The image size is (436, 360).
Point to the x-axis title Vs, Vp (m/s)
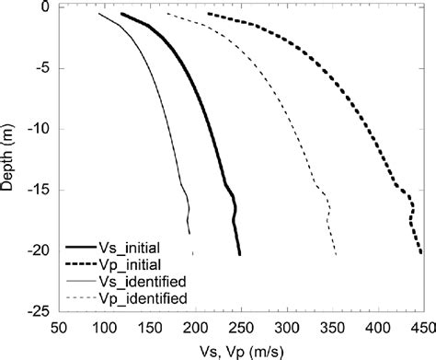point(241,351)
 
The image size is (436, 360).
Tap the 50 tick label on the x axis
point(59,326)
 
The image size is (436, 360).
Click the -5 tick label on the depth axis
point(40,68)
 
